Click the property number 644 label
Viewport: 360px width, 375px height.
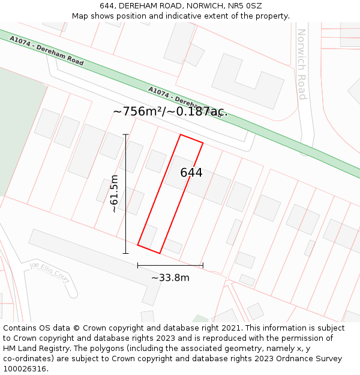[191, 173]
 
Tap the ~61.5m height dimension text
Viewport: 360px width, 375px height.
[114, 194]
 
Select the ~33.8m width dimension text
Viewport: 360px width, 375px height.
[170, 278]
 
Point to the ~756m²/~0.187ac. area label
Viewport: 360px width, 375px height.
[170, 111]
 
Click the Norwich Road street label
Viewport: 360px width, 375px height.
[302, 64]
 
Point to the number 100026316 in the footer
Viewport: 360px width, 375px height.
[25, 369]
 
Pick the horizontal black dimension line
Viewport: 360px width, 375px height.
[170, 265]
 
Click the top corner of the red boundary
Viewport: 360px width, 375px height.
[181, 135]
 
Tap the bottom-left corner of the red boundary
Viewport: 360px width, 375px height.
[138, 245]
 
